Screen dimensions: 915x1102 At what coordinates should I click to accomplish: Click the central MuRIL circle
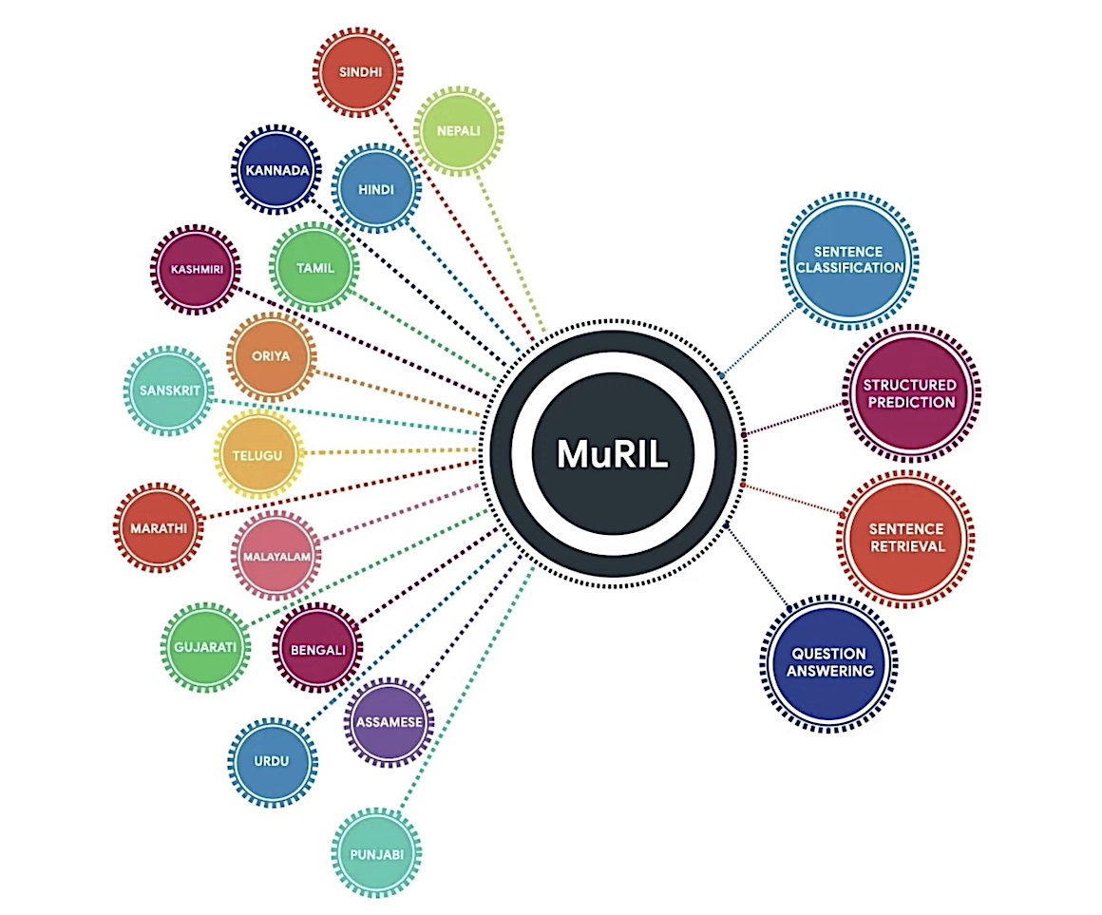(x=613, y=452)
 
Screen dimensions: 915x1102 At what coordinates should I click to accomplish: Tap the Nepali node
(x=459, y=131)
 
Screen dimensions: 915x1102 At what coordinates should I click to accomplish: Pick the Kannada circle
(x=275, y=171)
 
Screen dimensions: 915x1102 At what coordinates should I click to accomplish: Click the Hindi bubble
(x=376, y=188)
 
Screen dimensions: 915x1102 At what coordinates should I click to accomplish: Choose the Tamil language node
(x=314, y=268)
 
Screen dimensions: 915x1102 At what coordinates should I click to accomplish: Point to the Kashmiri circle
(x=196, y=270)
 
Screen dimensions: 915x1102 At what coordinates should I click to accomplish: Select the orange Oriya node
(x=272, y=357)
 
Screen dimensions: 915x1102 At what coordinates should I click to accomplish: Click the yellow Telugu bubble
(x=257, y=455)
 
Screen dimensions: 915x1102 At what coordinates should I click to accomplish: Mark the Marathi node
(x=159, y=526)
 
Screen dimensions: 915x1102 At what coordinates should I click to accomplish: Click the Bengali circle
(x=318, y=650)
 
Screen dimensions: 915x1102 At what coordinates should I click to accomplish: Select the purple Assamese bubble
(x=389, y=721)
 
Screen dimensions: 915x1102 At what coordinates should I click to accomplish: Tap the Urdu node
(x=272, y=761)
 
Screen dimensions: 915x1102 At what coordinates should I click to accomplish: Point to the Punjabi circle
(x=377, y=853)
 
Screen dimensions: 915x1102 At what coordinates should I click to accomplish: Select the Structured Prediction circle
(x=909, y=393)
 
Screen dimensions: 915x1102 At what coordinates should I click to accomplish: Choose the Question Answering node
(x=829, y=662)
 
